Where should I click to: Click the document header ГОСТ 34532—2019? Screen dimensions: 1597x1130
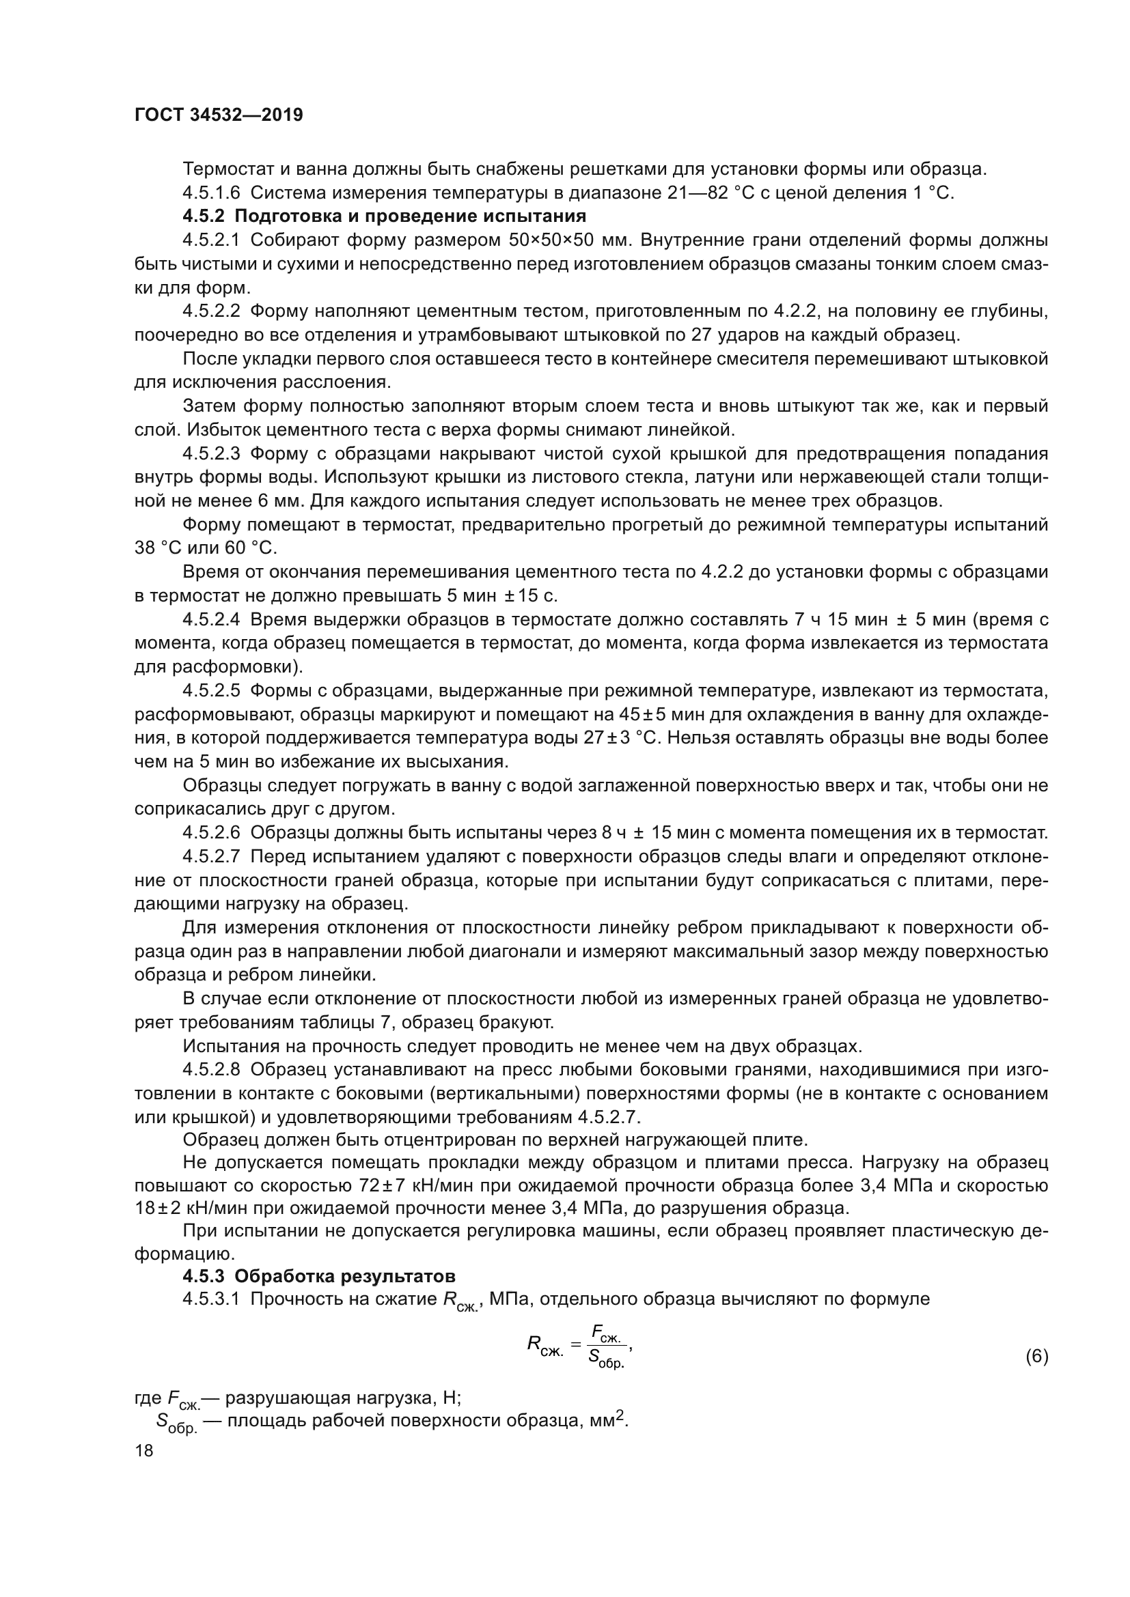coord(219,115)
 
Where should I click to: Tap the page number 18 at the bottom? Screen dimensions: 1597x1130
coord(144,1450)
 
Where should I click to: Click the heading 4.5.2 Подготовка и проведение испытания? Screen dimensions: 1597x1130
coord(385,216)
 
